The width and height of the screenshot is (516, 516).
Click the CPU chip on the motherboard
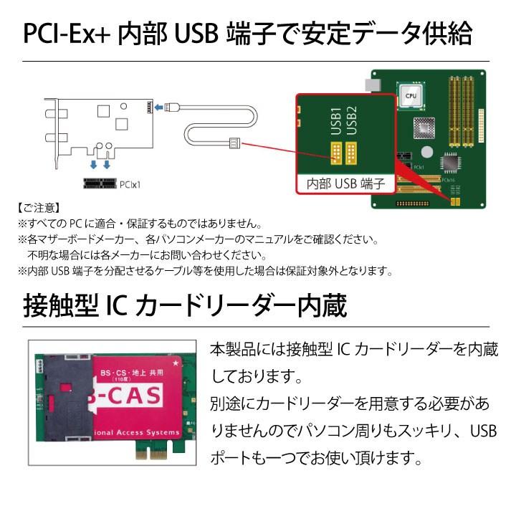coord(410,93)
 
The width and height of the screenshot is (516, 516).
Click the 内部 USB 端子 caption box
coord(346,183)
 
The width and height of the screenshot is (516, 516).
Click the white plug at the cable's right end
coord(234,143)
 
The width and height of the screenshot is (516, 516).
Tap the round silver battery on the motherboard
coord(428,151)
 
